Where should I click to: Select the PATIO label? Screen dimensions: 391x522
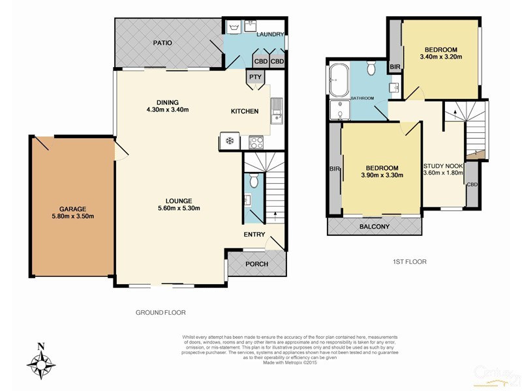(x=162, y=43)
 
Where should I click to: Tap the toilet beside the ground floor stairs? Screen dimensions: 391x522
(x=254, y=181)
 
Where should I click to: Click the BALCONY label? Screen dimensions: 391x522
(x=375, y=227)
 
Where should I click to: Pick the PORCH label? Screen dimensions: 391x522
(x=256, y=264)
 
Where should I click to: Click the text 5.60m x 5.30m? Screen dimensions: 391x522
(x=177, y=209)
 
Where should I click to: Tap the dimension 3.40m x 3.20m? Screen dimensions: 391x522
(x=440, y=57)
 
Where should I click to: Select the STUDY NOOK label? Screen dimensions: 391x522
(x=443, y=166)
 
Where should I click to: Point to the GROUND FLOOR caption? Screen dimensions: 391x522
(x=161, y=313)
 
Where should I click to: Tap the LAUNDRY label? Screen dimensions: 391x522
(x=269, y=34)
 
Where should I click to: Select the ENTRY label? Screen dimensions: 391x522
(x=254, y=235)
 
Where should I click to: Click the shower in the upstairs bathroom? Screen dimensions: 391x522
(x=339, y=112)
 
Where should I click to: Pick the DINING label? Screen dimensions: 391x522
(x=168, y=101)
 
